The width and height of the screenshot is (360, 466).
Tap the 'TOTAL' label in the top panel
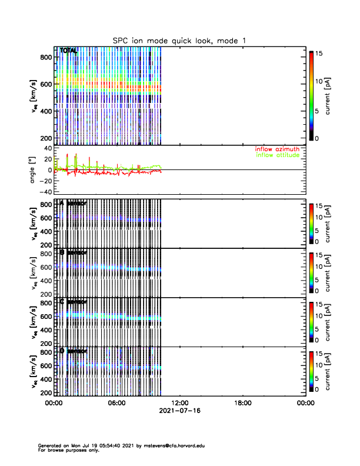click(x=68, y=51)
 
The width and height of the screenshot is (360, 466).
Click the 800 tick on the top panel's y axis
click(x=46, y=56)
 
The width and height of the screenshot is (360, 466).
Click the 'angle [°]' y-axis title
click(x=33, y=170)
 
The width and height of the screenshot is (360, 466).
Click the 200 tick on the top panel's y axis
click(x=46, y=138)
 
